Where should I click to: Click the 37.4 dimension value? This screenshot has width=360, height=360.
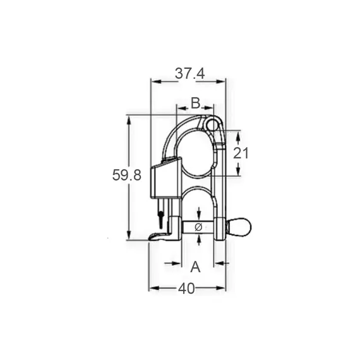click(189, 74)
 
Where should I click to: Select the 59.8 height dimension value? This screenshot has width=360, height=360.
click(127, 175)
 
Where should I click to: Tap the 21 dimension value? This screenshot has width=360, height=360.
click(241, 153)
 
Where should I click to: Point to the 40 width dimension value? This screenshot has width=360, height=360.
click(186, 289)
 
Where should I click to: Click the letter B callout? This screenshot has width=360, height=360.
click(196, 103)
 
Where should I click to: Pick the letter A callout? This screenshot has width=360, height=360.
click(195, 267)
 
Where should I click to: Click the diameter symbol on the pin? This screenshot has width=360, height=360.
click(198, 227)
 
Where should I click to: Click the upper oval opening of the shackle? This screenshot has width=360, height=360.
click(196, 153)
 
